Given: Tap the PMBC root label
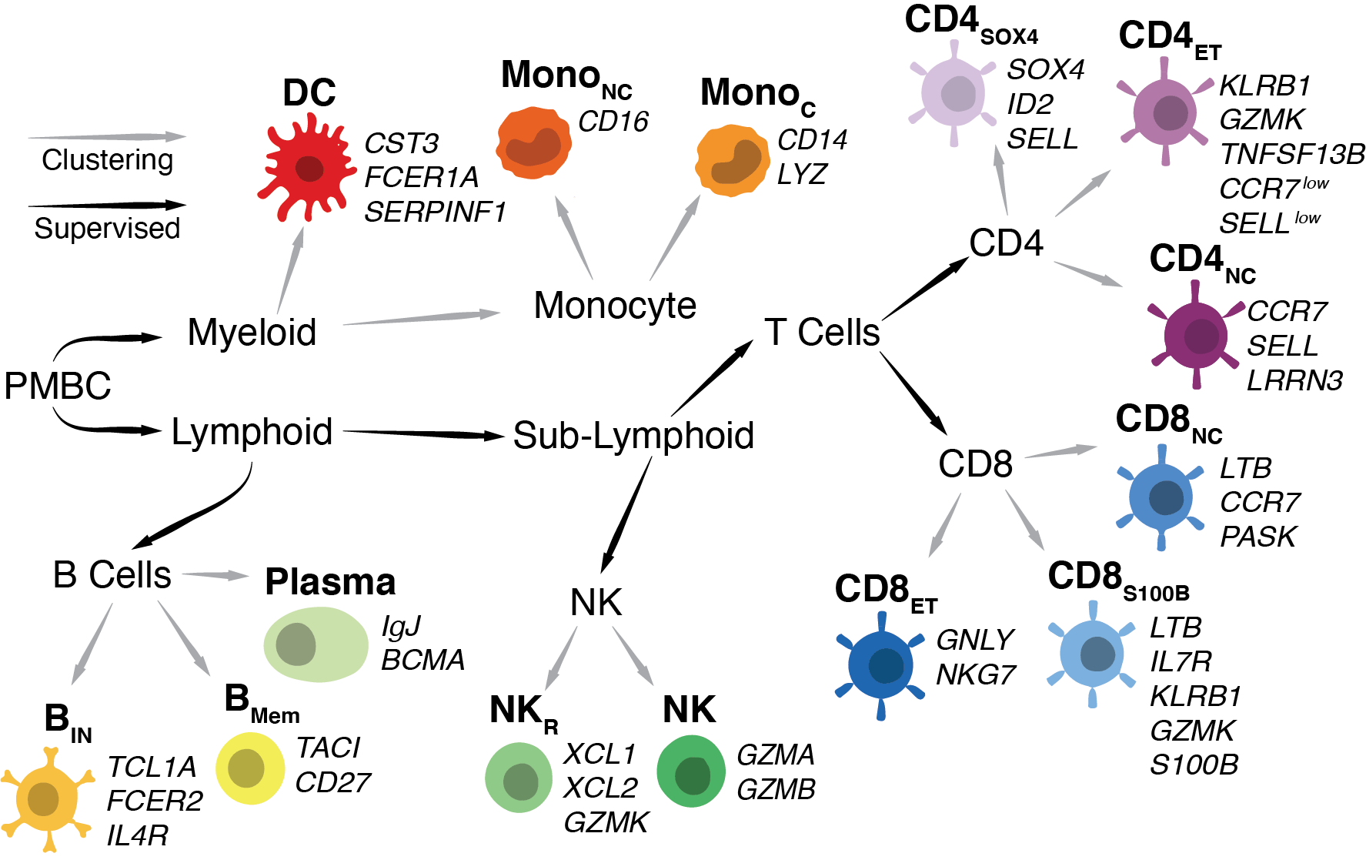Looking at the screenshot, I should [58, 386].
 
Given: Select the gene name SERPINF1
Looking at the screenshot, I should [435, 212].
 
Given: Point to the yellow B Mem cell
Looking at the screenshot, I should [250, 768].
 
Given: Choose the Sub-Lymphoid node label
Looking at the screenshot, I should [633, 436].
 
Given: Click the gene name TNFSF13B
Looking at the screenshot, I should [1292, 154].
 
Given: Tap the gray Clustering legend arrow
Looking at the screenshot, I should [107, 137].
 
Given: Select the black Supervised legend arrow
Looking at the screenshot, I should [107, 206].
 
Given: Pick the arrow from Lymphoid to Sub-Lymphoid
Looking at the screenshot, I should [423, 434].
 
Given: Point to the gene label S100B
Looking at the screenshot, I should [1194, 765].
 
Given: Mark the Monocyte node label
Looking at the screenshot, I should [615, 306].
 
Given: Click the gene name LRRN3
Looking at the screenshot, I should [1294, 380].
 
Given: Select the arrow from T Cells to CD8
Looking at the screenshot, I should [914, 393].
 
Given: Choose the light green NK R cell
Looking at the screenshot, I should [519, 778].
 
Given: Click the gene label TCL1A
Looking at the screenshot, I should [152, 767].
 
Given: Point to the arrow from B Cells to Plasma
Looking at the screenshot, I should [215, 575].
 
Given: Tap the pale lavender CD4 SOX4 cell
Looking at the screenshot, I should [953, 94].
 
